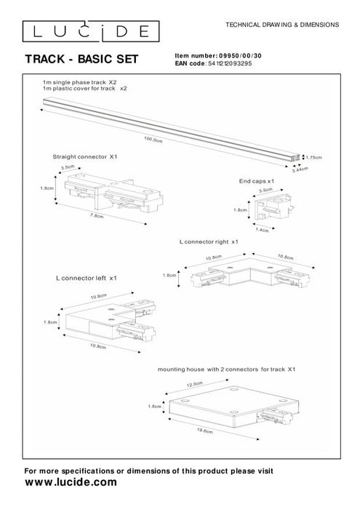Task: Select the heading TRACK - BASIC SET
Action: pos(81,58)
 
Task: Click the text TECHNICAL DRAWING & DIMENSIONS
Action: pos(283,24)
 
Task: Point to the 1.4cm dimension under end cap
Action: pos(262,229)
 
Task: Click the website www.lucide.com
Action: pos(71,482)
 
